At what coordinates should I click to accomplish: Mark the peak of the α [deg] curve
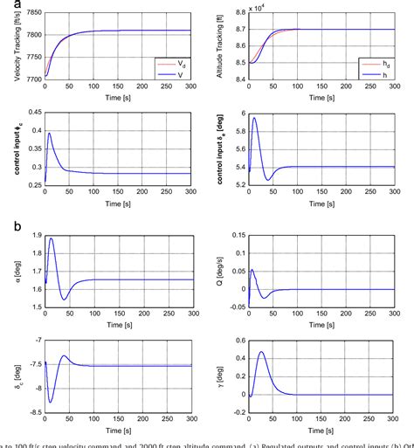tap(51, 238)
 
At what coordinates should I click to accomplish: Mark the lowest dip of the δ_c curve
tap(50, 402)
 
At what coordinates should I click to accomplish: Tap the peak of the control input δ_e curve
tap(254, 118)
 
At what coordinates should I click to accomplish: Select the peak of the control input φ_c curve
tap(50, 134)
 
